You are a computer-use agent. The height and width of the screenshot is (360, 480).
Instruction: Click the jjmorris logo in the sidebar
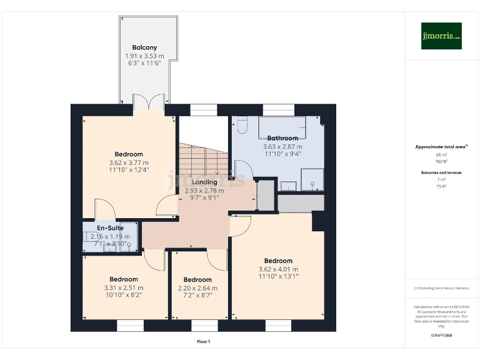pos(441,36)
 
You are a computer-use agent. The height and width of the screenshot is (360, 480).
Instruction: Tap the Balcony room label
pos(144,47)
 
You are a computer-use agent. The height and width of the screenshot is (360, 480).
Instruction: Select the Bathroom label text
pos(282,138)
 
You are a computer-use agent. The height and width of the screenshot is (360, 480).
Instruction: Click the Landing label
pos(204,182)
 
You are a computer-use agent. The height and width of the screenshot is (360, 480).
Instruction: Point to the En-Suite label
pos(110,228)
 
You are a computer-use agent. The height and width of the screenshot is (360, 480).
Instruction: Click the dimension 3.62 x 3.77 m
pos(129,162)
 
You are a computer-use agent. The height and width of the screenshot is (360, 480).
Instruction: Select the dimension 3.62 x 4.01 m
pos(278,269)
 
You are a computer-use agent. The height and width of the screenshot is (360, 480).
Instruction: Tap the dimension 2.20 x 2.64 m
pos(197,288)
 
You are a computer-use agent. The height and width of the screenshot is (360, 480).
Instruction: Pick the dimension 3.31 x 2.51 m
pos(124,287)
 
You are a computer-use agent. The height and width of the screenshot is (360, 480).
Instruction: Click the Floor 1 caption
pos(204,342)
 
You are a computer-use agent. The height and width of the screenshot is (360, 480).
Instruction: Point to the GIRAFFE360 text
pos(441,336)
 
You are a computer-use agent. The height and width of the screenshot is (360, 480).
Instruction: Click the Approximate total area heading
pos(441,147)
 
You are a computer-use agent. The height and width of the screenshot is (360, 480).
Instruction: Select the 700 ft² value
pos(441,161)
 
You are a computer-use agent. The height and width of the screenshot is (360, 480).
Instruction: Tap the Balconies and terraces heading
pos(441,172)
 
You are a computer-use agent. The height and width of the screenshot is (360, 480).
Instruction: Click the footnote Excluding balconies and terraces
pos(441,288)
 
